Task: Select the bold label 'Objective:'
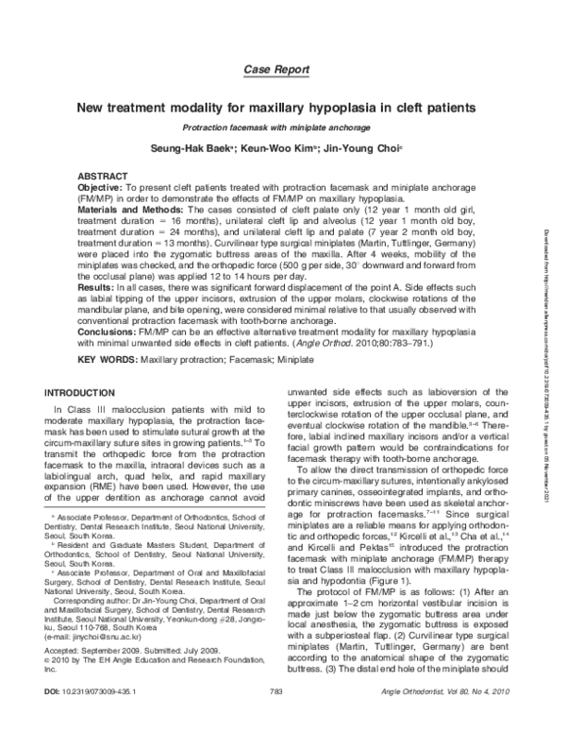(x=99, y=188)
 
